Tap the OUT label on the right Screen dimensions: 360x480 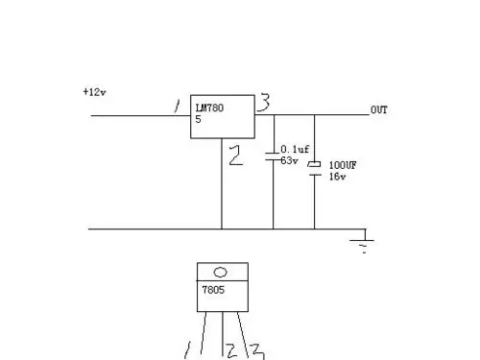[x=379, y=110]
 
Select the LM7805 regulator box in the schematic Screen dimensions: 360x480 [x=222, y=117]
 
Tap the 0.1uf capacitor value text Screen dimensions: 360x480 [x=293, y=150]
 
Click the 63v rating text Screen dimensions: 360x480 [x=288, y=160]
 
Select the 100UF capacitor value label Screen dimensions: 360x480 [x=343, y=165]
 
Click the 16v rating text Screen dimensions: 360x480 [x=337, y=177]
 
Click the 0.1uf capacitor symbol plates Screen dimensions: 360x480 [x=274, y=154]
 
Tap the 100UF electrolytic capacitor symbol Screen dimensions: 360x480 [x=314, y=169]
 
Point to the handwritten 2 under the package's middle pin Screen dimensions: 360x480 [x=230, y=349]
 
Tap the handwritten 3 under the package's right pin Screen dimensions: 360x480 [x=257, y=350]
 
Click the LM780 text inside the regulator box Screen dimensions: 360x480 [x=208, y=108]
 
